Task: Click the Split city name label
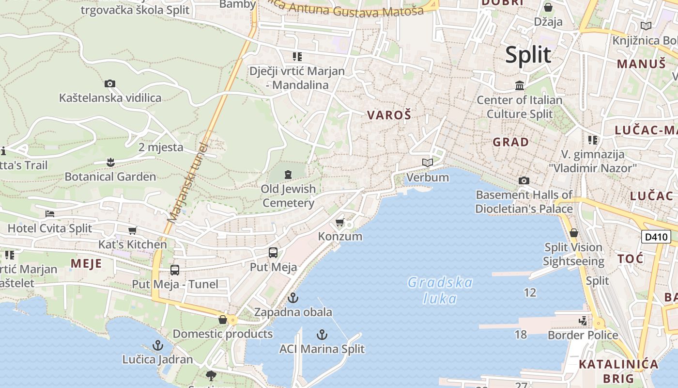tap(528, 55)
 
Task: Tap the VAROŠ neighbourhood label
tap(389, 115)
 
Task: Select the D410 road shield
tap(656, 237)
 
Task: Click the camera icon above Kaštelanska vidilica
tap(110, 83)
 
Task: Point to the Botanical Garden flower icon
tap(110, 162)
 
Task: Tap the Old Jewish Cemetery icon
tap(289, 174)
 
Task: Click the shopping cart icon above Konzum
tap(340, 222)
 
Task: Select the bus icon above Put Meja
tap(273, 253)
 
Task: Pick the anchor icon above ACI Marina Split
tap(322, 335)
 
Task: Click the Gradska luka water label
tap(440, 290)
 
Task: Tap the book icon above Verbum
tap(427, 162)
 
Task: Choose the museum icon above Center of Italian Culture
tap(520, 86)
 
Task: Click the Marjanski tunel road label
tap(187, 182)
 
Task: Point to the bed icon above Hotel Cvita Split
tap(50, 213)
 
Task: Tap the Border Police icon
tap(583, 321)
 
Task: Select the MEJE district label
tap(86, 263)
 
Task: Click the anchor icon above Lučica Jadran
tap(157, 345)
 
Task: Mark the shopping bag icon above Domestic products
tap(223, 320)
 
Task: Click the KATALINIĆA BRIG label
tap(618, 371)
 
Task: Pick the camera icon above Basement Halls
tap(524, 181)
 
